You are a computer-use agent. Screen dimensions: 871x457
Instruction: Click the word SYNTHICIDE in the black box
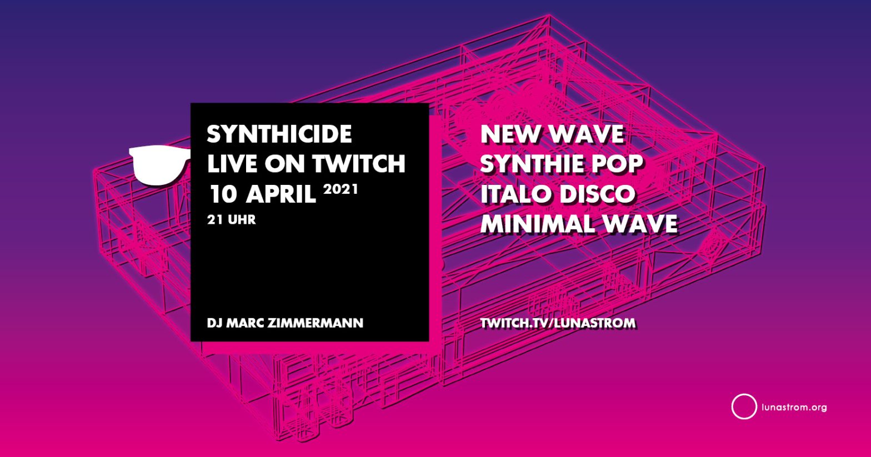[x=279, y=134]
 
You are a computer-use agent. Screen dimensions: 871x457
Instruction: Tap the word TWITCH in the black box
[x=359, y=164]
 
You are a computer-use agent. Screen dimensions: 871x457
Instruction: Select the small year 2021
[x=340, y=189]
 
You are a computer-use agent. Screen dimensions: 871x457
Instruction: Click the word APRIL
[x=281, y=194]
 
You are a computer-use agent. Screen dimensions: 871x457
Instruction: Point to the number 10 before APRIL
[x=223, y=194]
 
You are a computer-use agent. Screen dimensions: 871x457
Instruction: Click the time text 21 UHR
[x=231, y=220]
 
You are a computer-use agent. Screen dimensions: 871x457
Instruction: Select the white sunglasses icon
[x=160, y=165]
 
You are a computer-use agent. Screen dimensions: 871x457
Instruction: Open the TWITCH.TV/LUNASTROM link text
[x=558, y=323]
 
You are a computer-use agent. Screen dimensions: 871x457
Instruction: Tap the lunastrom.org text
[x=794, y=408]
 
